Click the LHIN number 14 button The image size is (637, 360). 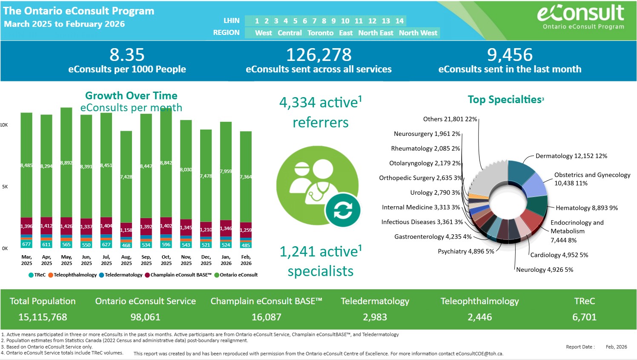pos(399,21)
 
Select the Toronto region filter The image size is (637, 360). pos(320,33)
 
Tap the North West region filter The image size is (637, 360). pos(418,33)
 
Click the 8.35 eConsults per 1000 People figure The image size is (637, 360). pos(127,55)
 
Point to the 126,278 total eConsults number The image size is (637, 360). pos(318,55)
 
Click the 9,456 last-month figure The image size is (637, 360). pos(510,55)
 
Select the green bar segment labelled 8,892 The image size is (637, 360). pos(66,163)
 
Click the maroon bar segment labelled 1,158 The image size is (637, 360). pos(126,230)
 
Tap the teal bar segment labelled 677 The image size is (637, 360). pos(26,244)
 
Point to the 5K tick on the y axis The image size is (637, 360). pos(5,187)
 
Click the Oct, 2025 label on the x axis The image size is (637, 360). pos(166,260)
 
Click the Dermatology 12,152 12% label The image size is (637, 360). pos(571,156)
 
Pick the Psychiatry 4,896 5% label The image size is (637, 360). pos(466,251)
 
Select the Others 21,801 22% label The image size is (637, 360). pos(450,119)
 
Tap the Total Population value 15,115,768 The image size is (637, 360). pos(43,317)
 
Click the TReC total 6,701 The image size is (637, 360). pos(584,317)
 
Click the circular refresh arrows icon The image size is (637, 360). pos(343,210)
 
